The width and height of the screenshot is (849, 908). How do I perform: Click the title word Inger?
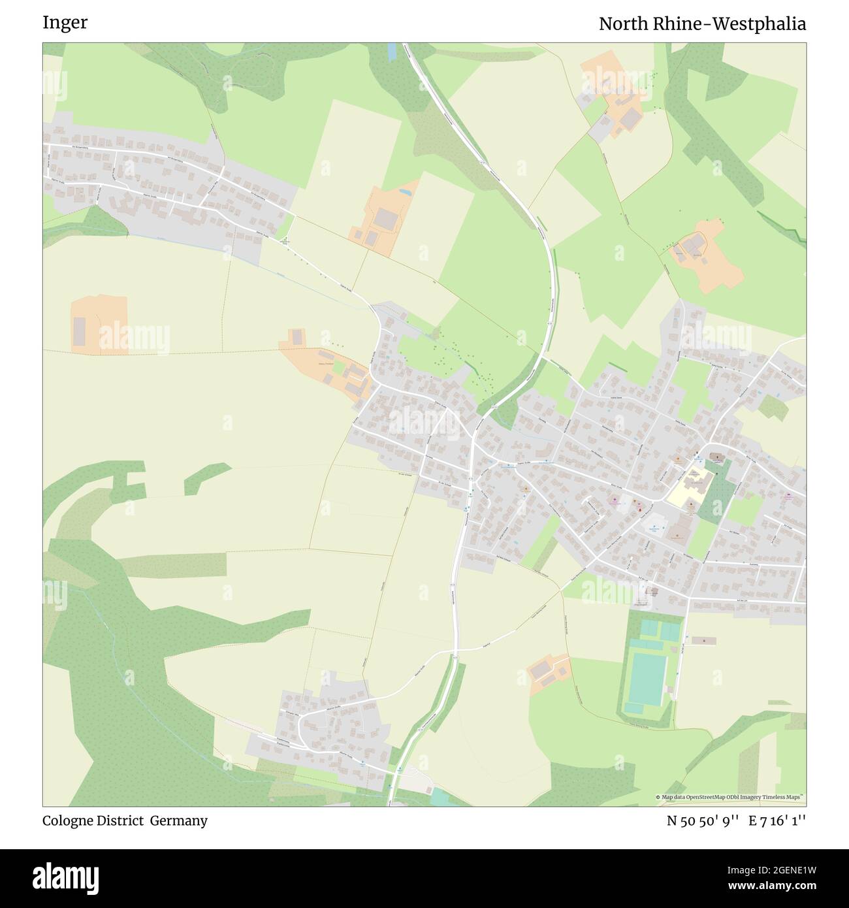(x=65, y=23)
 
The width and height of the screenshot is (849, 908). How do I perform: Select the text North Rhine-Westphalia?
(x=702, y=24)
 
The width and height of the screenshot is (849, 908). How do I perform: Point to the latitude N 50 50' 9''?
(x=703, y=820)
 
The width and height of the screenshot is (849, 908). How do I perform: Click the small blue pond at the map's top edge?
(x=391, y=52)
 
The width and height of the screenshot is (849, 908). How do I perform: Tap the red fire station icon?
(x=639, y=508)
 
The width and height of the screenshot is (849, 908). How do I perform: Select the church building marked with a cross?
(x=717, y=457)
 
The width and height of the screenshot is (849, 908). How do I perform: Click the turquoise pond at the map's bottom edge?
(x=440, y=797)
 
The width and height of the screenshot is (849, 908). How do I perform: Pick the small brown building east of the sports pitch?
(x=703, y=640)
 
